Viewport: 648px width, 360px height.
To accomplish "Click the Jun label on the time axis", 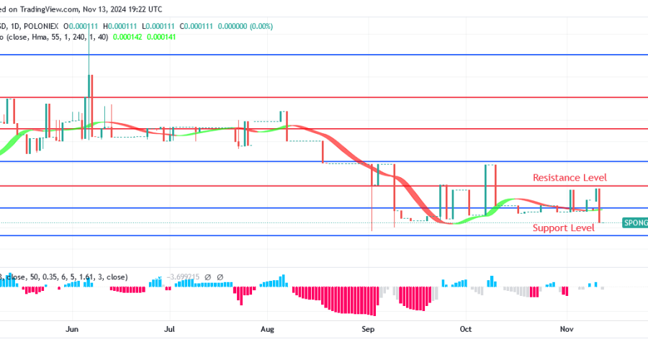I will point(71,329).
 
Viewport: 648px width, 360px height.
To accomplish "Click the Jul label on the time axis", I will point(170,329).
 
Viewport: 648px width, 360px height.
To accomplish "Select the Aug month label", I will point(267,329).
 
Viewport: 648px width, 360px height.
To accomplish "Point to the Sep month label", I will point(368,329).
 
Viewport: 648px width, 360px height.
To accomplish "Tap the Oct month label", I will point(465,329).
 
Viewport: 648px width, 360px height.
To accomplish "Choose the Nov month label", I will point(565,329).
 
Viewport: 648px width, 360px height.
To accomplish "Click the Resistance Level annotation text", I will point(570,177).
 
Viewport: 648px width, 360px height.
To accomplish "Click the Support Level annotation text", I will point(563,228).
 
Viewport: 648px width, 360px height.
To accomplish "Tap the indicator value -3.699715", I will point(184,276).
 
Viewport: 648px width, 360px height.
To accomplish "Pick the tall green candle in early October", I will point(490,189).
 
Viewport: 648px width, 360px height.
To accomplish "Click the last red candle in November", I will point(599,206).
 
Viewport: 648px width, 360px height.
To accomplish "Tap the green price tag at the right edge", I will point(634,224).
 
